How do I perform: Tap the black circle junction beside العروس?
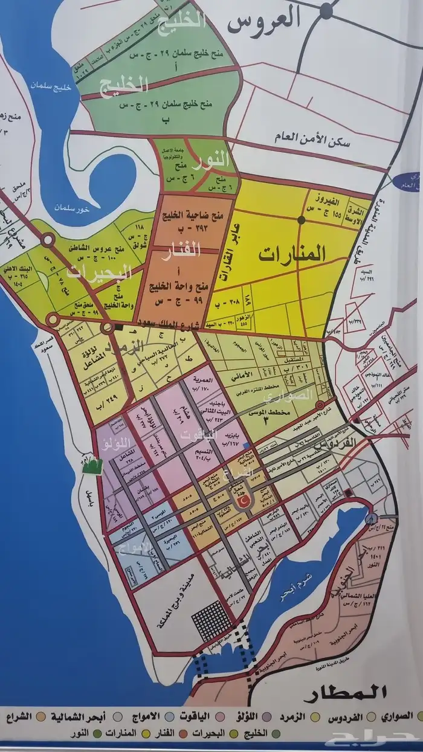click(326, 8)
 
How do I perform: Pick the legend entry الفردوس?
click(346, 716)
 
